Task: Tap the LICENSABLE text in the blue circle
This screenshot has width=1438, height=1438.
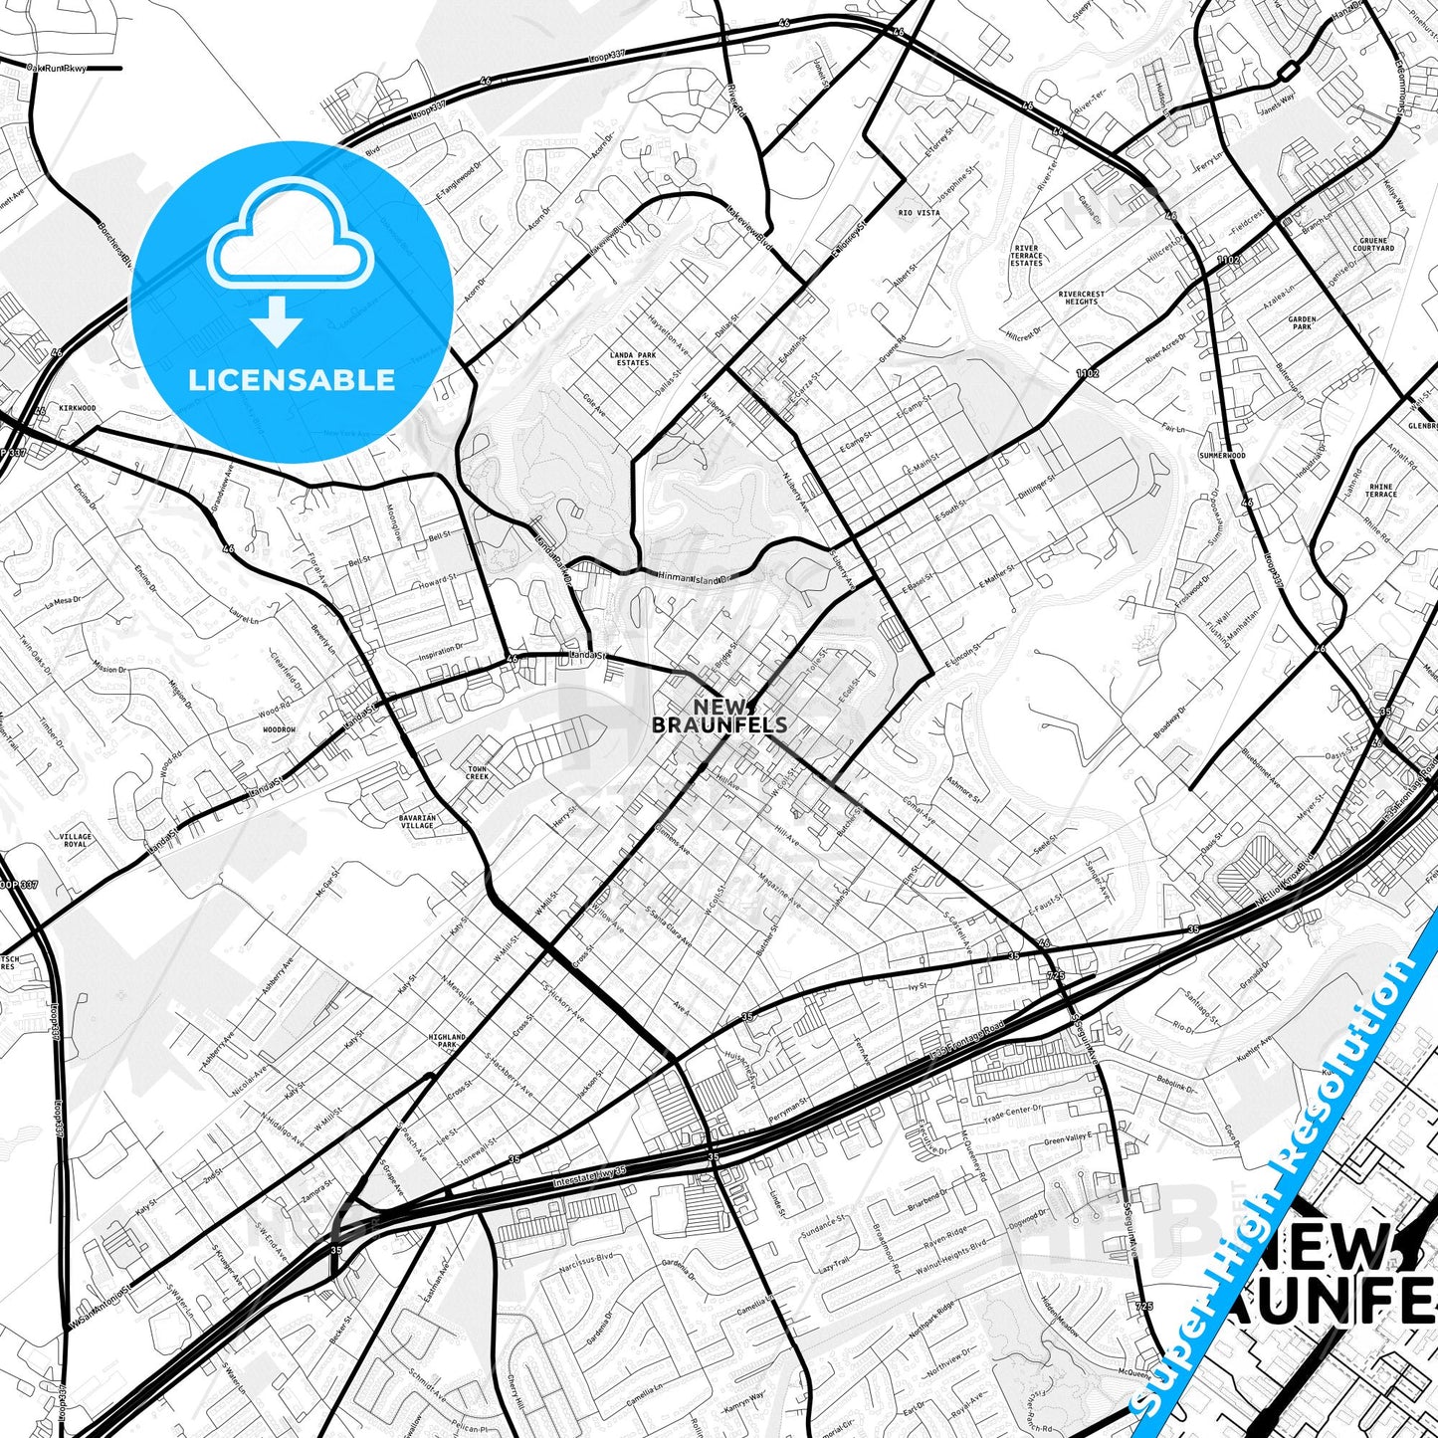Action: [292, 379]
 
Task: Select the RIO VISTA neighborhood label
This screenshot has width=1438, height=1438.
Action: [919, 213]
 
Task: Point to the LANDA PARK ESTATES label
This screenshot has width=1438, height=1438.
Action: [633, 359]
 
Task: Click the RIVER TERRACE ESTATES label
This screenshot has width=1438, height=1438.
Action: [1026, 256]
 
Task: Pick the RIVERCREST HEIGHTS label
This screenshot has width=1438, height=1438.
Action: [1081, 298]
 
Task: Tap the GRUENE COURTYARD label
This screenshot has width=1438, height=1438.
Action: [1373, 245]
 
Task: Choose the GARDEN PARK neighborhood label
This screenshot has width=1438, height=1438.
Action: [1302, 323]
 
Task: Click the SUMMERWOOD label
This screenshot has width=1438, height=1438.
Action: [1222, 456]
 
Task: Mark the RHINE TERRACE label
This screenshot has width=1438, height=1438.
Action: [1381, 491]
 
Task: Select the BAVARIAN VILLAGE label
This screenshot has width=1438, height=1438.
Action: [418, 822]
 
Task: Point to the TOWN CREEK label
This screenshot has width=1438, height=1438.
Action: [478, 773]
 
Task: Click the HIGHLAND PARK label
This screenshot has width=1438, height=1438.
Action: [447, 1041]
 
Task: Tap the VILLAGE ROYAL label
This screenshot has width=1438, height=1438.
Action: [76, 840]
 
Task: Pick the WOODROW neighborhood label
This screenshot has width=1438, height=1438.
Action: [280, 729]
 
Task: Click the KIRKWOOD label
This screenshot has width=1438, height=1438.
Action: [77, 408]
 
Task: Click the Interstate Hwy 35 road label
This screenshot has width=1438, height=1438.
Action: [589, 1177]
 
